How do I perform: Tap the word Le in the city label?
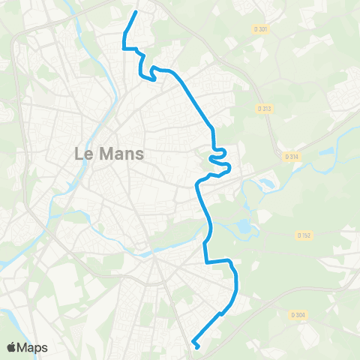pyautogui.click(x=83, y=154)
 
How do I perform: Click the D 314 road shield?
pyautogui.click(x=292, y=156)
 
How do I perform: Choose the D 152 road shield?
pyautogui.click(x=304, y=235)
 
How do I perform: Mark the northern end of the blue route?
pyautogui.click(x=136, y=12)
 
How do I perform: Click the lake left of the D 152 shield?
pyautogui.click(x=245, y=225)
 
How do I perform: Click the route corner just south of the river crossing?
pyautogui.click(x=206, y=261)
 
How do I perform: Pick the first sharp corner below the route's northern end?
pyautogui.click(x=124, y=48)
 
